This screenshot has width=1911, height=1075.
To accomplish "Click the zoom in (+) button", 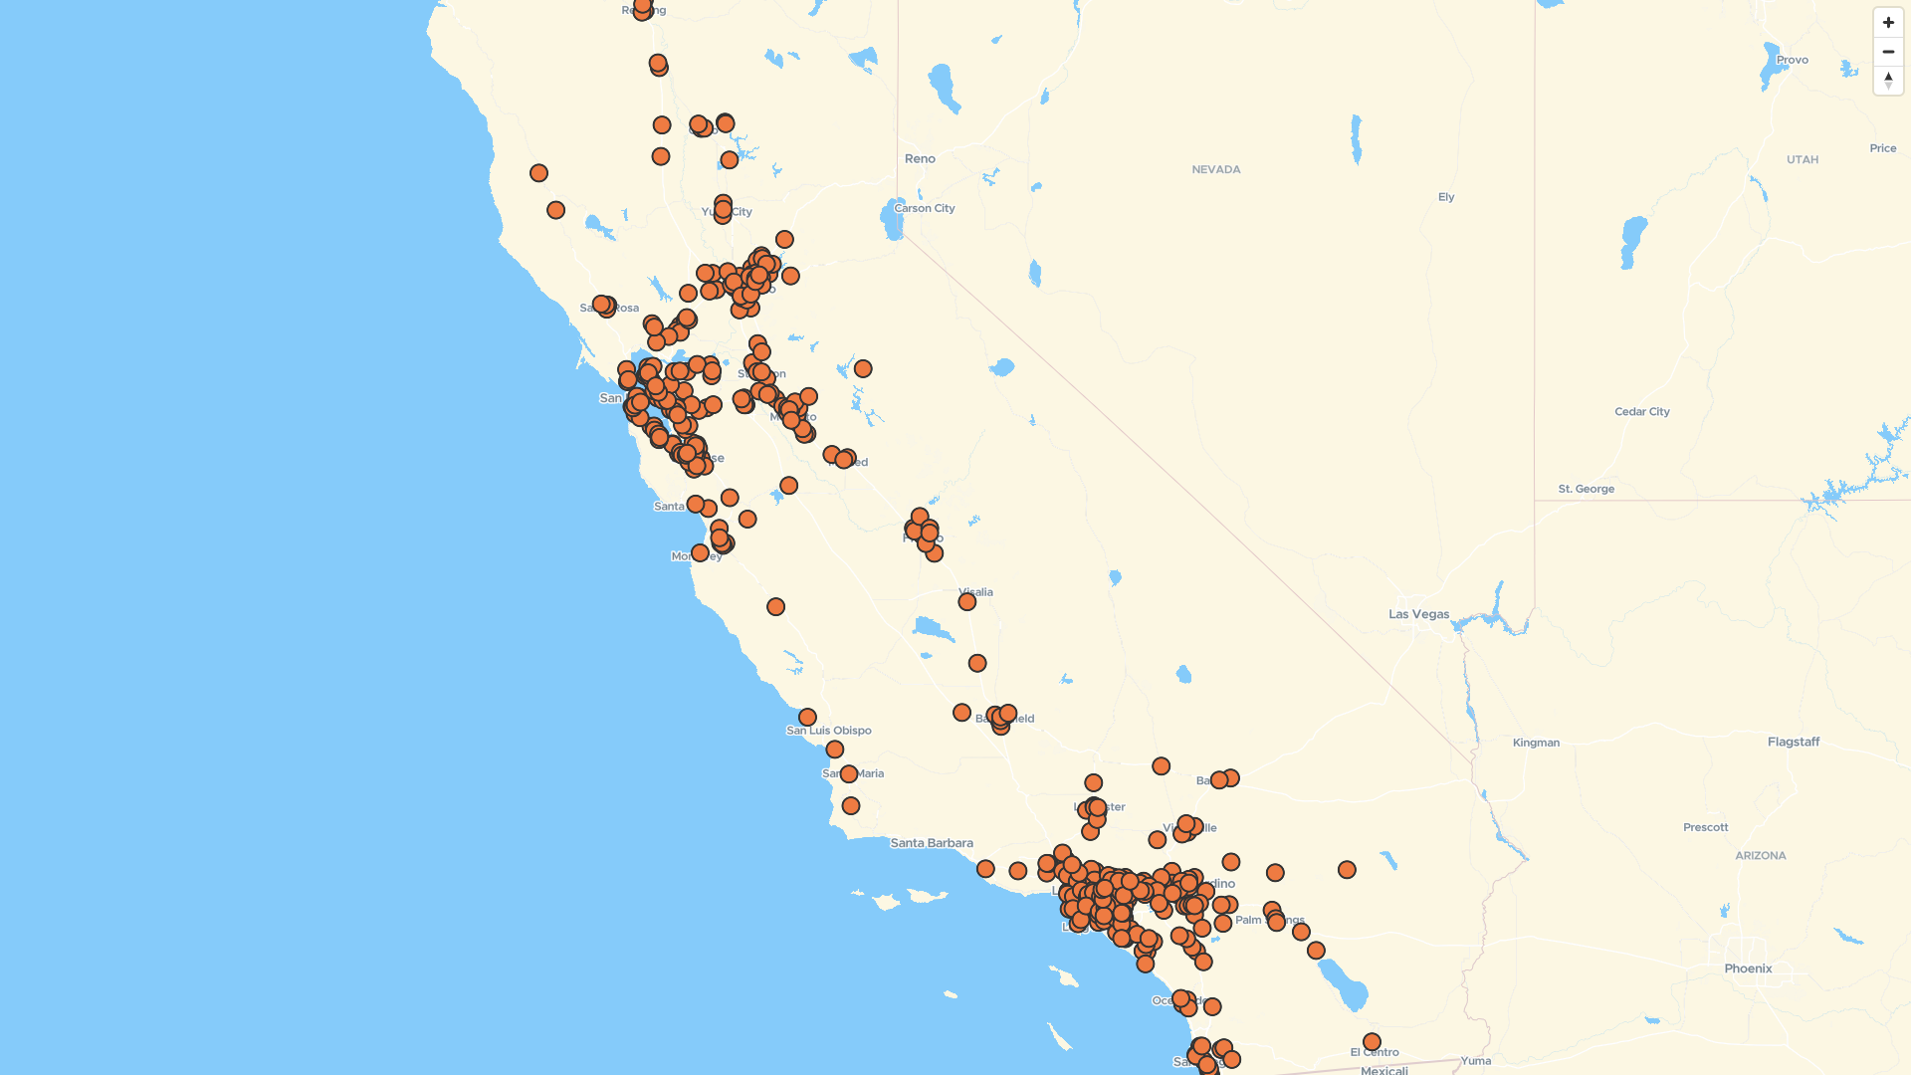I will [x=1888, y=23].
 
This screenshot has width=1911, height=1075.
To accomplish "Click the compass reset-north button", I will [x=1888, y=81].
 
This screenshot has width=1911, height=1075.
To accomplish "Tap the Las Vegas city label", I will [x=1418, y=614].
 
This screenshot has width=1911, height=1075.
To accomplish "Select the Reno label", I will [x=920, y=158].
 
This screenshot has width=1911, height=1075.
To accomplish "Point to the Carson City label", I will [x=925, y=208].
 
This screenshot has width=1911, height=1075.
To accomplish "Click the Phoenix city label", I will [x=1748, y=968].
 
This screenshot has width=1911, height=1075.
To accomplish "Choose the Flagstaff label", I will [x=1793, y=742].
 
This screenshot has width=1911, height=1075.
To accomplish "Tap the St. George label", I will [x=1586, y=489].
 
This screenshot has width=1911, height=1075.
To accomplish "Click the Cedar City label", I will [x=1641, y=411].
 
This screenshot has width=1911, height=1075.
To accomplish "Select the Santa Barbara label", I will [x=932, y=843].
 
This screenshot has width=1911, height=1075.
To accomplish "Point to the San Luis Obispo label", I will [x=829, y=731].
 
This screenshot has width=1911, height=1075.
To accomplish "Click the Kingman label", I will [x=1536, y=743].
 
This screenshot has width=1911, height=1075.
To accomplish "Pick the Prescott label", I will [x=1705, y=827].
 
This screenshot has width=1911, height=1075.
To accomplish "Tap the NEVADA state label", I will [x=1215, y=169].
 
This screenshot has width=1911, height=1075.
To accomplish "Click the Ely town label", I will [x=1445, y=197].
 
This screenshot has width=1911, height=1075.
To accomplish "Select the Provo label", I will [x=1792, y=60].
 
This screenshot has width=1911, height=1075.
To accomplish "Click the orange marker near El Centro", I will [x=1372, y=1041].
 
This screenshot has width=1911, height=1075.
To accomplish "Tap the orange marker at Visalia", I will [x=967, y=601].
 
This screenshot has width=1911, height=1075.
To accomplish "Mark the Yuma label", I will [x=1475, y=1061].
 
